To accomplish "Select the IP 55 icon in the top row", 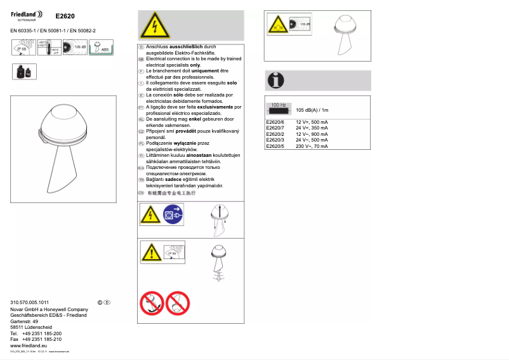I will point(23,48).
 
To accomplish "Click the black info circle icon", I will point(276,81).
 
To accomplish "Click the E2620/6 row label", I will point(275,121).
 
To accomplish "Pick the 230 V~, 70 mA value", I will point(312,146).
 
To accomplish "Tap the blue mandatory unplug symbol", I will point(172,215).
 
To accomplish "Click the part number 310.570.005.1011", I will point(30,302).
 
